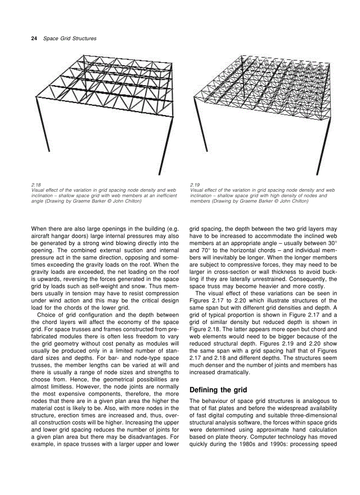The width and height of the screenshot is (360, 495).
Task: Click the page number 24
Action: [34, 38]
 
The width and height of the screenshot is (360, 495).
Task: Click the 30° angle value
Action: [331, 243]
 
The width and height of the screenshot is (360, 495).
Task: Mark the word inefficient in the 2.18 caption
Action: [166, 195]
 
